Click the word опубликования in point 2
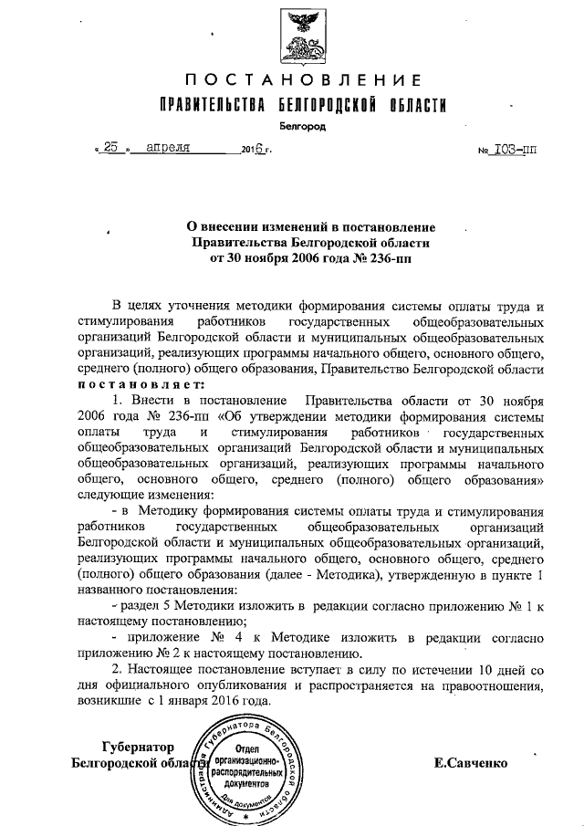(x=236, y=686)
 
